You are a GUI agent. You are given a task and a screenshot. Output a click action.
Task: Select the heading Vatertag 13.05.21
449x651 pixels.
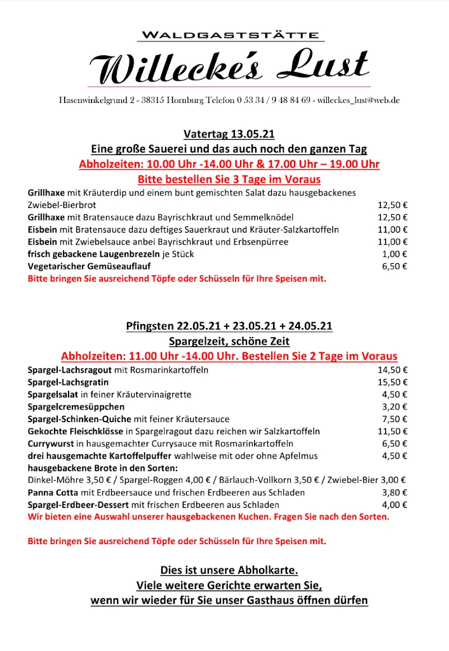tap(229, 134)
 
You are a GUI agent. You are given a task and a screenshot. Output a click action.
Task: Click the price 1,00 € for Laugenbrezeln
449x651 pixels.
tap(394, 254)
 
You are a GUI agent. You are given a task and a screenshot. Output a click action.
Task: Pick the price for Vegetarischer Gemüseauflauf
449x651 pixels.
tap(394, 266)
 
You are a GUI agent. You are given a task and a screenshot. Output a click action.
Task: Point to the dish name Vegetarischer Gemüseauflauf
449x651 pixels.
tap(89, 266)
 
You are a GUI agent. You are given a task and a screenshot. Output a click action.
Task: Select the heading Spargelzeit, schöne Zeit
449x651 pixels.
tap(229, 341)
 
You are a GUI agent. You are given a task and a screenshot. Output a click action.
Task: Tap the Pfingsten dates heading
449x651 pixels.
tap(229, 327)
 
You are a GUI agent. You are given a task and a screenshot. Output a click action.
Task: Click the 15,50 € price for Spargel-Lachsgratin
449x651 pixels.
tap(392, 382)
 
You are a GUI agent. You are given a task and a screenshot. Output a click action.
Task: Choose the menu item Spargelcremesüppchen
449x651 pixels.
tap(76, 406)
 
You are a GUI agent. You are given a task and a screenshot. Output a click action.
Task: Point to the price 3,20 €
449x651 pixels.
tap(394, 406)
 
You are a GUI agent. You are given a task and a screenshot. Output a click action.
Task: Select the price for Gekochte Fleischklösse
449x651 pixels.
tap(392, 431)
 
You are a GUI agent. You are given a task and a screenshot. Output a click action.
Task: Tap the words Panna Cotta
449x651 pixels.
tap(53, 492)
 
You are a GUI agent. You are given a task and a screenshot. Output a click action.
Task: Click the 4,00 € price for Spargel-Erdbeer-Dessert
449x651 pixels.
tap(394, 505)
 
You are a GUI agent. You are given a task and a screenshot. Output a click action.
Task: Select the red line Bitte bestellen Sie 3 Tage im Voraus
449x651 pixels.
tap(229, 179)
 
